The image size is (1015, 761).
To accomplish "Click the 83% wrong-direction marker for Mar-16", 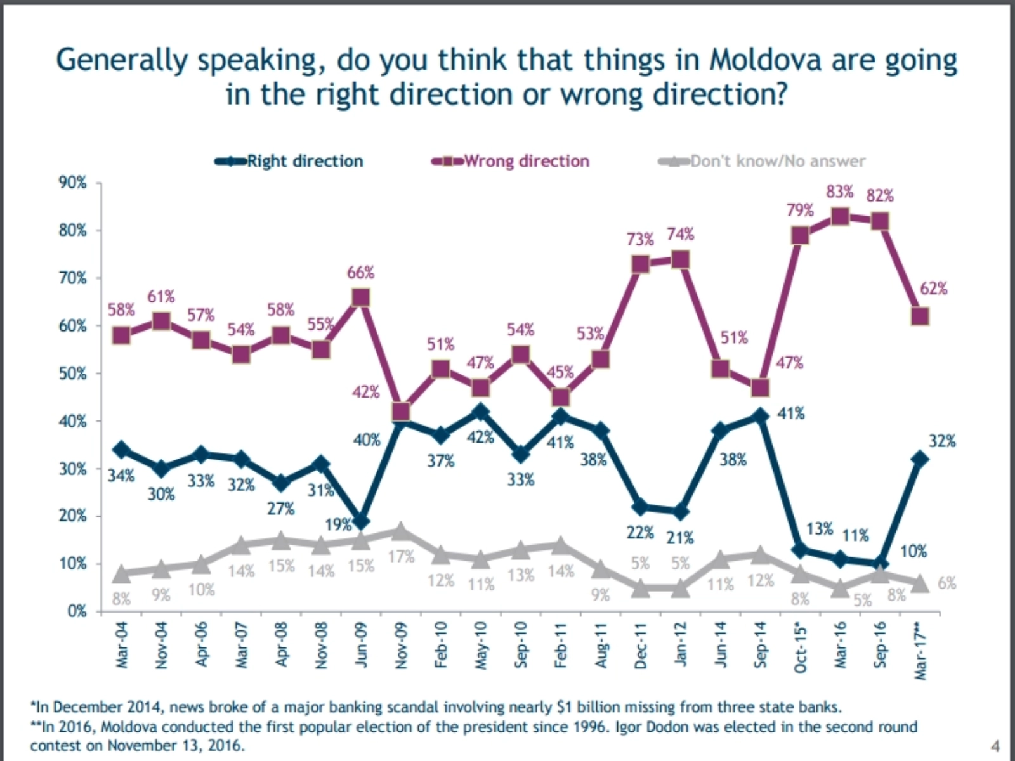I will (840, 217).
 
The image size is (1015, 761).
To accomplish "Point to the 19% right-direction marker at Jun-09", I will (361, 521).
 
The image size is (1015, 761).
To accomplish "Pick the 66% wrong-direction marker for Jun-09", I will (361, 298).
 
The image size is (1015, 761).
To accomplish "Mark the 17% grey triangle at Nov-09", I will (400, 531).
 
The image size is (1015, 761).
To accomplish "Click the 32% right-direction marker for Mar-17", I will (920, 459).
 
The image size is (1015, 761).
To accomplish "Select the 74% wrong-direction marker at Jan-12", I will (681, 260).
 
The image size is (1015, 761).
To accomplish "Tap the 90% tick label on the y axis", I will (73, 183).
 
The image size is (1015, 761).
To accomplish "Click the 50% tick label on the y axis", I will (73, 374).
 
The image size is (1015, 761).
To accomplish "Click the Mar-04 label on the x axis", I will (122, 645).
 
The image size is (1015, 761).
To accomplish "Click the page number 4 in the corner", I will (995, 746).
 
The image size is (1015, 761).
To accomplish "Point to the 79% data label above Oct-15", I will (800, 210).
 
